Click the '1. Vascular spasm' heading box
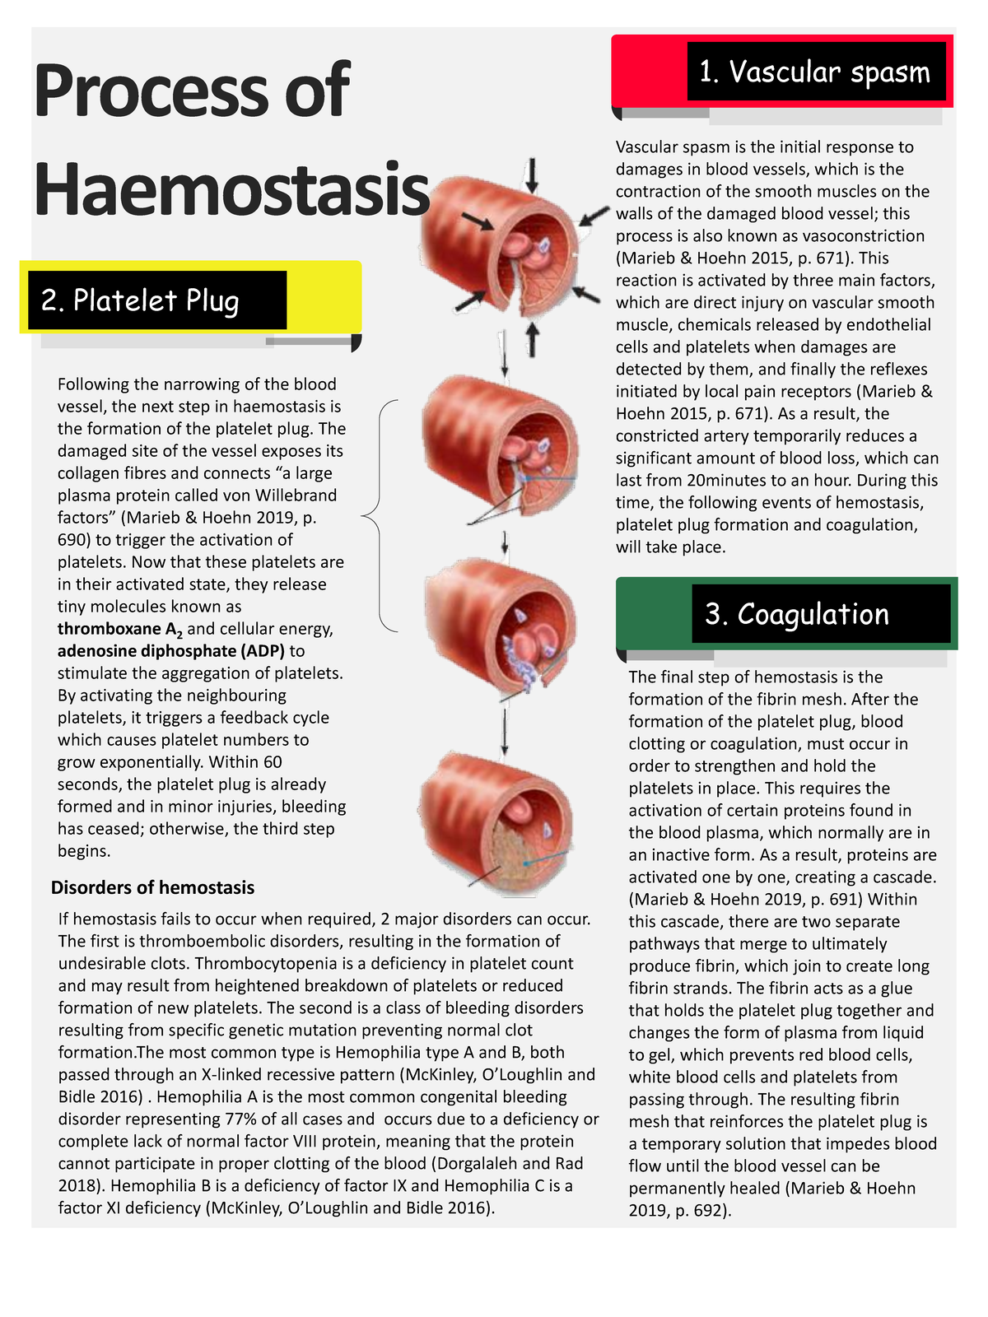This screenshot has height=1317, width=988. tap(815, 72)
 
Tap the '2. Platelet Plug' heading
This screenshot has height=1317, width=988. tap(140, 300)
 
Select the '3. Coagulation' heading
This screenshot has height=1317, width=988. tap(797, 614)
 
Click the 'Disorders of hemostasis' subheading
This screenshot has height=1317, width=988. tap(152, 887)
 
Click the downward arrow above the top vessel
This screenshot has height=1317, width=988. tap(532, 175)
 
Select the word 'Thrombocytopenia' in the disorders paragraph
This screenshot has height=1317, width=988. tap(254, 964)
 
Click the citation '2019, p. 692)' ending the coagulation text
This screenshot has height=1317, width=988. tap(679, 1211)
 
